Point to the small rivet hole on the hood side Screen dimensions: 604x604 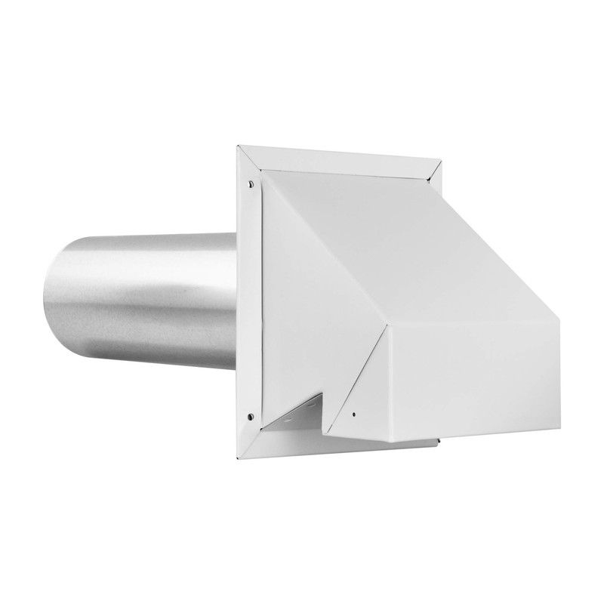tap(353, 414)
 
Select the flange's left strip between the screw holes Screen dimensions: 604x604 tap(250, 302)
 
